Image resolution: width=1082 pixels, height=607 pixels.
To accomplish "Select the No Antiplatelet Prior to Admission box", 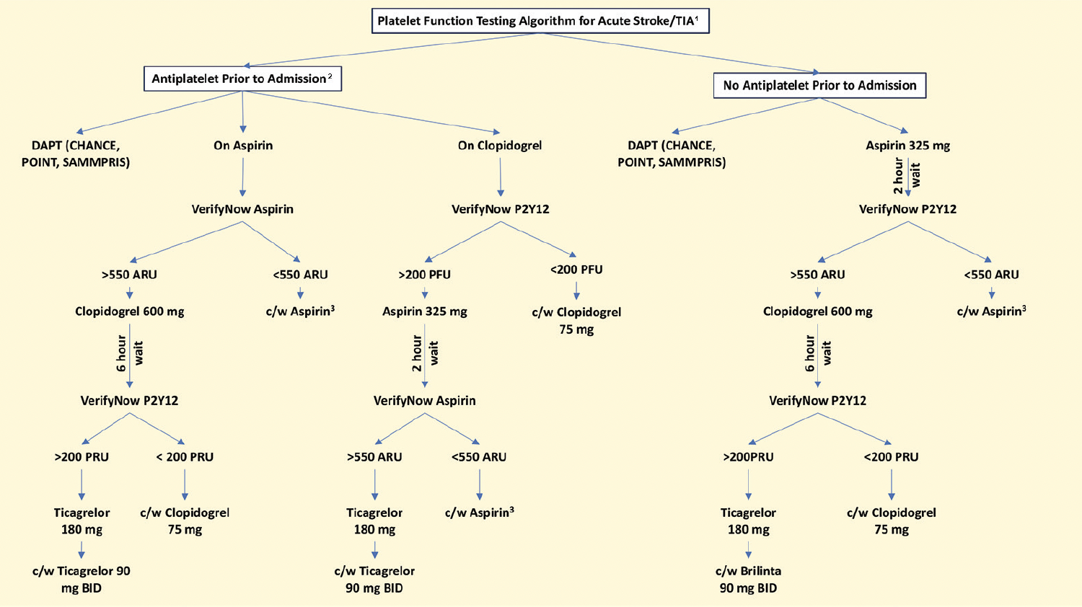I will [819, 86].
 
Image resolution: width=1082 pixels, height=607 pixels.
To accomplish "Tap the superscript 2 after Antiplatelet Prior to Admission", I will [330, 76].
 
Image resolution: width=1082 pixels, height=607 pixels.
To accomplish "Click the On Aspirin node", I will [243, 146].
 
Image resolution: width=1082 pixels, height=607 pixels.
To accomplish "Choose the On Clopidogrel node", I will [499, 146].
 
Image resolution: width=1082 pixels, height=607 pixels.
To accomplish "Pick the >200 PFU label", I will [424, 275].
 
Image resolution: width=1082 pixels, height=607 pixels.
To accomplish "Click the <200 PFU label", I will [576, 270].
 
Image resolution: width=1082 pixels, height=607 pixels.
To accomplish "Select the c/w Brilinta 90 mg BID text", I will [748, 580].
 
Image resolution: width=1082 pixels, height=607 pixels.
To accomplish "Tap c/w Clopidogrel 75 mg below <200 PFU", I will [576, 321].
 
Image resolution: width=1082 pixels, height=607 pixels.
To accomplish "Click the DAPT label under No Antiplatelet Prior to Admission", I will [672, 154].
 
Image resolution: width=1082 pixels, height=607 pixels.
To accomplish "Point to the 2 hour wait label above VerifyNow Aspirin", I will [425, 353].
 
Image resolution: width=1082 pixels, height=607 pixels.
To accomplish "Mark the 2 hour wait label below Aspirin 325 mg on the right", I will [907, 175].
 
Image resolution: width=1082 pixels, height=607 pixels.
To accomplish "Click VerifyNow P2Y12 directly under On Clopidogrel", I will [500, 209].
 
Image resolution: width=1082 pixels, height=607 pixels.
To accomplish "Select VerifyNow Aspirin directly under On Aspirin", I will [242, 209].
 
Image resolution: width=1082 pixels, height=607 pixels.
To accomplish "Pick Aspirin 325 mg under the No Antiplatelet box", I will [907, 146].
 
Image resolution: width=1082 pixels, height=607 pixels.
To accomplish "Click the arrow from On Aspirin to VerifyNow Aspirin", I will [242, 177].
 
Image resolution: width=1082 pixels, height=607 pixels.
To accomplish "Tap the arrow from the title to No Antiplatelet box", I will [678, 53].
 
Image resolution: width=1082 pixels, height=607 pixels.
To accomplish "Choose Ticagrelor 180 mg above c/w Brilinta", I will [748, 521].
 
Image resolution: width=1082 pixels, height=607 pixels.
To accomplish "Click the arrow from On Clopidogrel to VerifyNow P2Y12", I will [500, 177].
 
